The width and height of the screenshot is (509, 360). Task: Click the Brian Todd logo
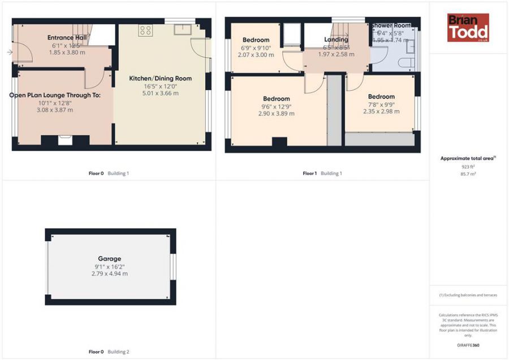tap(468, 28)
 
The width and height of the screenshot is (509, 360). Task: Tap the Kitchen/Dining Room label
tap(161, 78)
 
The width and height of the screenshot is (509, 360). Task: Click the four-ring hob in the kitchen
tap(145, 31)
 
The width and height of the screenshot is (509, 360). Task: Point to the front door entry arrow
tap(10, 53)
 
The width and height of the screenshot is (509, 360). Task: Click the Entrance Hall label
tap(67, 37)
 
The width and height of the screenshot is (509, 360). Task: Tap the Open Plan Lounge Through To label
tap(55, 95)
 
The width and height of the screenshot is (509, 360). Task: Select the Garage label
tap(109, 259)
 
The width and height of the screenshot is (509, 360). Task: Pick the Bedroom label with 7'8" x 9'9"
tap(381, 96)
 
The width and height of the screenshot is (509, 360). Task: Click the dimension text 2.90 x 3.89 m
tap(276, 113)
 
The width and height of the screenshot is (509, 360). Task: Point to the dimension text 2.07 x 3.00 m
tap(256, 55)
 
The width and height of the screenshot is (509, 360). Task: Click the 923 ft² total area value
tap(468, 167)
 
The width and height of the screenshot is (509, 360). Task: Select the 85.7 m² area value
tap(468, 174)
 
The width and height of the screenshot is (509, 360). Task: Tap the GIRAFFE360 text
tap(468, 344)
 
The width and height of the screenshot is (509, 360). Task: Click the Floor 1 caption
tap(309, 173)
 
